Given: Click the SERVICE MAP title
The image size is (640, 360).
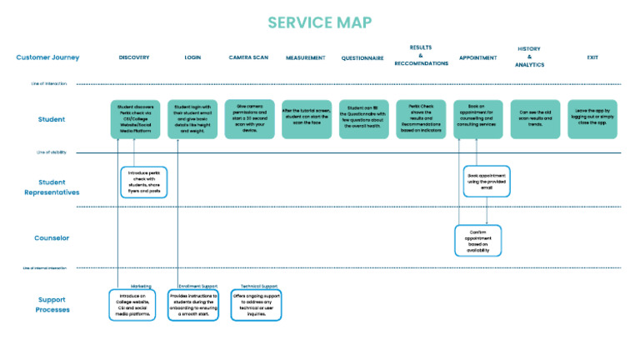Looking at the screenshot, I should (319, 22).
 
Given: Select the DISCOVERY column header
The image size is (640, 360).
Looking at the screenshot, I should (134, 58).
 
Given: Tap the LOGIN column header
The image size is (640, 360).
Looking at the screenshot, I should (192, 58).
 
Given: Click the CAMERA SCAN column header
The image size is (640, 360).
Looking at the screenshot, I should (248, 58).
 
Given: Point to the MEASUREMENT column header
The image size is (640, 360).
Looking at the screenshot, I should (305, 58).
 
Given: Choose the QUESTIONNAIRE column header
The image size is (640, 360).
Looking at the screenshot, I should (362, 58).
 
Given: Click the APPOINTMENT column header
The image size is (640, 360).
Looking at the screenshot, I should (477, 58).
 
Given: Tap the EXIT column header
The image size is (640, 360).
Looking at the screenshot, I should (592, 58).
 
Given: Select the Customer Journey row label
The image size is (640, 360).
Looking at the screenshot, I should (47, 57).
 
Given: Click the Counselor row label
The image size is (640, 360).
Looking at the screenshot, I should (52, 237).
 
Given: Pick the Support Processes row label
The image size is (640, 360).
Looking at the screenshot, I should (52, 304).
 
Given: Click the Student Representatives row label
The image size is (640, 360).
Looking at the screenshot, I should (52, 187).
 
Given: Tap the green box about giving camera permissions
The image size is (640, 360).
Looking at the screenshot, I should (248, 119).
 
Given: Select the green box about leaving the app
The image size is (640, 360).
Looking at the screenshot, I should (592, 119).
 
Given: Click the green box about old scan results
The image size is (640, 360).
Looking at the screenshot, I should (535, 119).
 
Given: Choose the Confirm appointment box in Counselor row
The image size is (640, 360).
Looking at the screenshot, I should (477, 240).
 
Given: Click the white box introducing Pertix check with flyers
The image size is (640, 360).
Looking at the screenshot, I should (143, 182).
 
